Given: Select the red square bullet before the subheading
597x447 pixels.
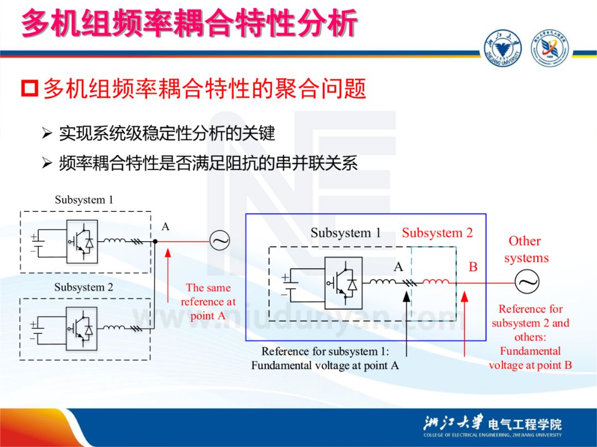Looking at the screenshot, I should pos(30,88).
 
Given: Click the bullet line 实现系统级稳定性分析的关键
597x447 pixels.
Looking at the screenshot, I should pos(166,133).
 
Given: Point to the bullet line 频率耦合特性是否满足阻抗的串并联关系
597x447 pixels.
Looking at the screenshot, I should pos(208,163).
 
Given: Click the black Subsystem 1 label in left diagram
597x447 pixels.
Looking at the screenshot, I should pos(83,200).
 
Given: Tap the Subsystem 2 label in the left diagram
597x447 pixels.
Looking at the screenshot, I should pos(83,288).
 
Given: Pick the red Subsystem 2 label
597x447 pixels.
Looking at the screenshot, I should pos(437,233).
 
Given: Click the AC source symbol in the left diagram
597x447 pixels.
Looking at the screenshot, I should pos(219,240).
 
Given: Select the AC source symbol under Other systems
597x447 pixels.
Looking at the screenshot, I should pos(527,283).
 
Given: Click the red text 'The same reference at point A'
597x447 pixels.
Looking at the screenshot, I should pos(208,302).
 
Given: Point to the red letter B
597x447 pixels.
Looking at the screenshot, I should pos(473,268).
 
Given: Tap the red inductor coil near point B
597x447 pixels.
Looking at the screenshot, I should pos(436,283).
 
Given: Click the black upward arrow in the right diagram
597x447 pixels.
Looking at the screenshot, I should pos(406,320).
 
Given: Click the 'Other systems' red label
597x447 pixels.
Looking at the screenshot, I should pos(526,249).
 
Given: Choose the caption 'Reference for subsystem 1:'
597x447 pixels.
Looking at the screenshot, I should pos(325,352).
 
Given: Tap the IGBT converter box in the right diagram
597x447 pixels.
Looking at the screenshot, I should pos(343,283).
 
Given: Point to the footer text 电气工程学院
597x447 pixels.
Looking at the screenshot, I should pos(525,424).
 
